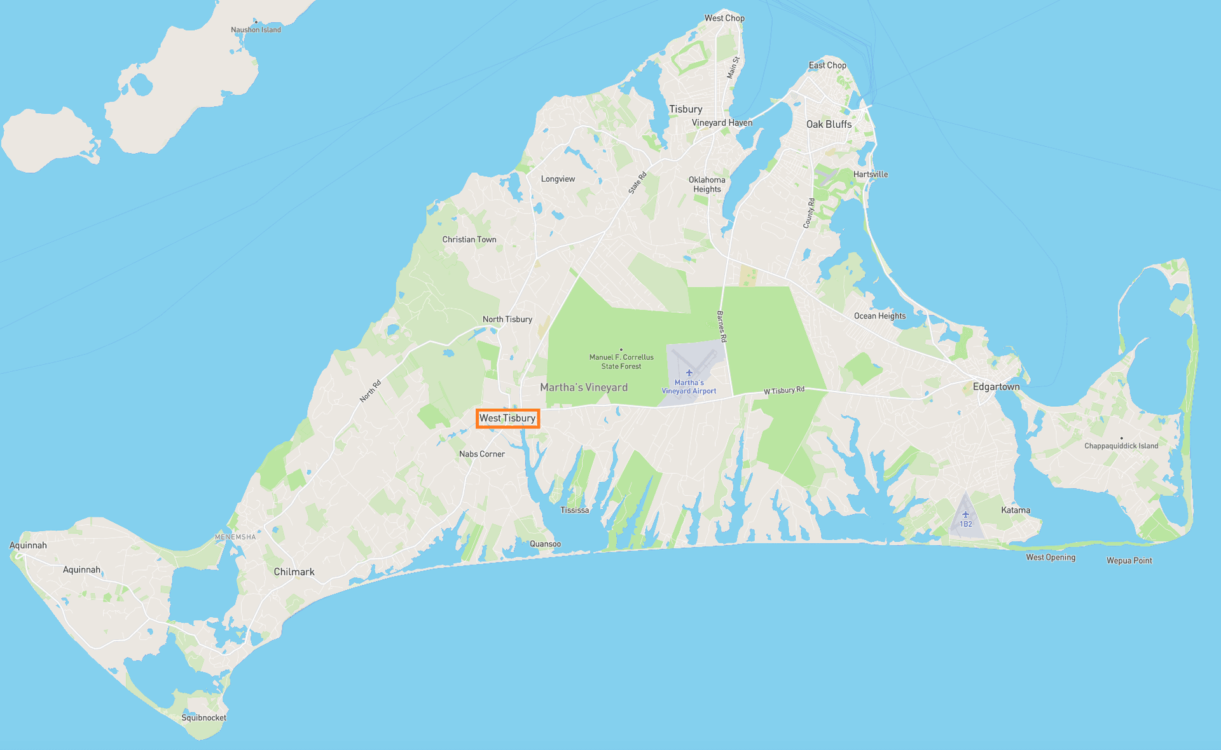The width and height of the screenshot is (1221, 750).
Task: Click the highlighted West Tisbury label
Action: tap(507, 418)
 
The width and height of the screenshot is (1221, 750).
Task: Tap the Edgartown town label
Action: tap(996, 386)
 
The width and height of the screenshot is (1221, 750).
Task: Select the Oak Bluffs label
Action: tap(829, 124)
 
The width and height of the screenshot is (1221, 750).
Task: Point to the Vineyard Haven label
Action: tap(722, 123)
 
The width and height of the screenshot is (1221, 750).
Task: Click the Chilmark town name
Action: tap(294, 571)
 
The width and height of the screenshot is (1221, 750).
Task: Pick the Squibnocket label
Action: tap(203, 718)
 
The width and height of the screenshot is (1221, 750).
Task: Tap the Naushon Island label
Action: tap(256, 30)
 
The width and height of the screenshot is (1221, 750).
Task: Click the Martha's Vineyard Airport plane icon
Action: tap(689, 373)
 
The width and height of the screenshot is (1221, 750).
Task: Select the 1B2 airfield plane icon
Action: tap(965, 515)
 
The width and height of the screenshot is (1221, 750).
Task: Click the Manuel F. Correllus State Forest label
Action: tap(621, 362)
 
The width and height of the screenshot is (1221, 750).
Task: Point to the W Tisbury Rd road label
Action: tap(784, 390)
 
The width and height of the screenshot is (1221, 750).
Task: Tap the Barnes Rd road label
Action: tap(722, 327)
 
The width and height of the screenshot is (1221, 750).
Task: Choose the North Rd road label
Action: tap(370, 391)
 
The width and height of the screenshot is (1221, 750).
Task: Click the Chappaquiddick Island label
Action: tap(1121, 446)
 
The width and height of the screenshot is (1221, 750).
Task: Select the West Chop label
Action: tap(724, 18)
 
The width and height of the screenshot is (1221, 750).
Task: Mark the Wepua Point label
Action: tap(1129, 561)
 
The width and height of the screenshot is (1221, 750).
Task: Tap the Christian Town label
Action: tap(469, 240)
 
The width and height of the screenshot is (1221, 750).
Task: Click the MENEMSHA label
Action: tap(235, 537)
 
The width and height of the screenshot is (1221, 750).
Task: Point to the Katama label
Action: tap(1016, 510)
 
